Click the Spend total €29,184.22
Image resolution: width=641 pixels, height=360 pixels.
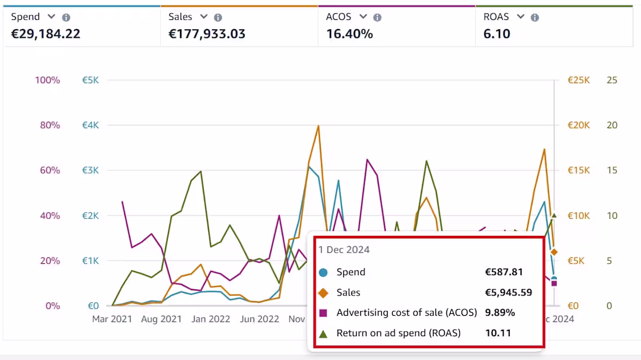pyautogui.click(x=45, y=34)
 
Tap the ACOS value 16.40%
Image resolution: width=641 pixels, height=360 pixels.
pyautogui.click(x=349, y=34)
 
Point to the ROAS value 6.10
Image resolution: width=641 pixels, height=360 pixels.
pyautogui.click(x=496, y=34)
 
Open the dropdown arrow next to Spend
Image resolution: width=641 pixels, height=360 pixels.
pyautogui.click(x=51, y=17)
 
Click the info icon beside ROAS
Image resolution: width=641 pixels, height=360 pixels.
pyautogui.click(x=534, y=17)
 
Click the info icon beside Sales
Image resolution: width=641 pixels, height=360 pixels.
pyautogui.click(x=218, y=17)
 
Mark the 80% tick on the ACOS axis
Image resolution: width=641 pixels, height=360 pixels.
pyautogui.click(x=48, y=125)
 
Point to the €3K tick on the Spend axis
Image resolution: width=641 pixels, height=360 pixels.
pyautogui.click(x=90, y=170)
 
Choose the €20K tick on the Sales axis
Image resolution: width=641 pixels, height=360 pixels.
pyautogui.click(x=579, y=125)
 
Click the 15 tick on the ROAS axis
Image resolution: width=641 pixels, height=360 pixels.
pyautogui.click(x=611, y=170)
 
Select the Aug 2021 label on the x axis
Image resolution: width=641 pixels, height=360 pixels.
pyautogui.click(x=161, y=319)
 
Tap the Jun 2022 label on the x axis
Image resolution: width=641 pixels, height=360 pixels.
pyautogui.click(x=259, y=319)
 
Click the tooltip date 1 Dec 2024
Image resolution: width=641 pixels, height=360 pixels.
pyautogui.click(x=344, y=249)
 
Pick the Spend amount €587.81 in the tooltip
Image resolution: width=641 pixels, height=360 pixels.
pyautogui.click(x=503, y=272)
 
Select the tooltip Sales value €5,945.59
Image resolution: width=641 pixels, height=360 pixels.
pyautogui.click(x=508, y=292)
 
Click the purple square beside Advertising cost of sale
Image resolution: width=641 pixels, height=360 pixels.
pyautogui.click(x=323, y=313)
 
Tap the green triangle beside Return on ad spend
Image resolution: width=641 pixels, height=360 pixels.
pyautogui.click(x=323, y=333)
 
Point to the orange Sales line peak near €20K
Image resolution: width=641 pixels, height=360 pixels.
pyautogui.click(x=318, y=126)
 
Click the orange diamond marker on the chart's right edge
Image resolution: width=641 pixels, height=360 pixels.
pyautogui.click(x=554, y=252)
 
